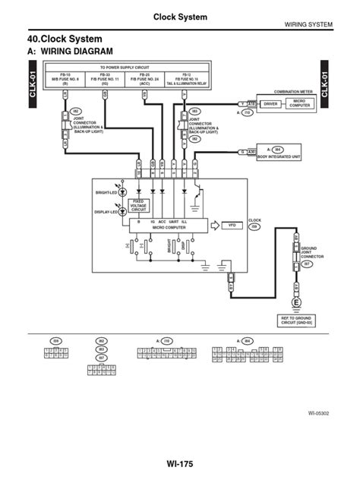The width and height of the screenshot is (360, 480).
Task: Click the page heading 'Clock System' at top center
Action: point(180,17)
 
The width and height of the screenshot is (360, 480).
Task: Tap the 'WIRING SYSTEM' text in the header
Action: point(308,25)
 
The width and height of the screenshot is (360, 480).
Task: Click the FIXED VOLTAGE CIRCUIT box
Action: point(138,205)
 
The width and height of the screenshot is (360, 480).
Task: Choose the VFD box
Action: point(232,226)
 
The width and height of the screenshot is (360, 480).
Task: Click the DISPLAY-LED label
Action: point(105,213)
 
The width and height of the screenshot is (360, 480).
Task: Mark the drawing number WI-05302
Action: point(317,414)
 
